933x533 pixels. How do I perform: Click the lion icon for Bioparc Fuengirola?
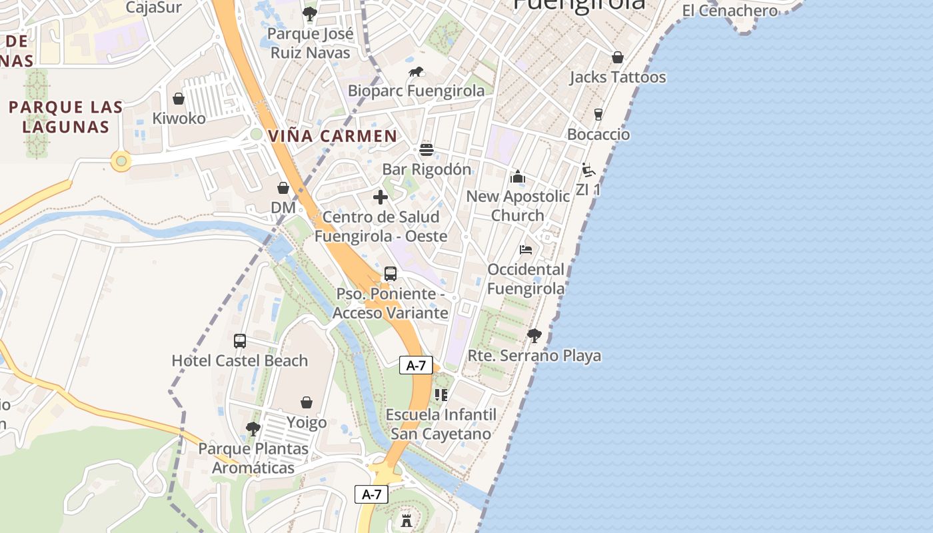(x=417, y=72)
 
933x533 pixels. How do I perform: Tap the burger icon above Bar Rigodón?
(x=427, y=149)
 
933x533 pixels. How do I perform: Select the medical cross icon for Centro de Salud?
(x=381, y=197)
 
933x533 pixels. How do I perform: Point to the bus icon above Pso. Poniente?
(x=391, y=274)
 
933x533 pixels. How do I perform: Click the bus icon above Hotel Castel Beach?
(x=240, y=341)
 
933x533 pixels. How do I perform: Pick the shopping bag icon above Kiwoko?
(x=179, y=99)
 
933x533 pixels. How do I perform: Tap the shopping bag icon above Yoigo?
(x=307, y=402)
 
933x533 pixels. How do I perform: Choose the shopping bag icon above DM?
(x=283, y=188)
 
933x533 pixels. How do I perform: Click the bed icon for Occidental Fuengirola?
(x=526, y=250)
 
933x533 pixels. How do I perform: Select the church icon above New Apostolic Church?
(x=518, y=177)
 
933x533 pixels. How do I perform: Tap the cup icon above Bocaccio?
(x=598, y=115)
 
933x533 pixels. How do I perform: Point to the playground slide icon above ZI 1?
(x=588, y=170)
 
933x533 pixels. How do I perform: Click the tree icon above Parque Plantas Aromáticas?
(x=253, y=428)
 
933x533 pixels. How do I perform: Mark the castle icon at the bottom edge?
(x=407, y=519)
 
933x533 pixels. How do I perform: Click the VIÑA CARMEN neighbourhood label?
(x=333, y=136)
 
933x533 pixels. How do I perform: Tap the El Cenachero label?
(x=730, y=11)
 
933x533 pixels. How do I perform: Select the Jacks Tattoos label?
(x=617, y=77)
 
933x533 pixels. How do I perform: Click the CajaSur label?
(x=153, y=8)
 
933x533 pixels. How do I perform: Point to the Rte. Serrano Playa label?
(x=534, y=356)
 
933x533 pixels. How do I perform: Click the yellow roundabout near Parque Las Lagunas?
(x=121, y=161)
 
